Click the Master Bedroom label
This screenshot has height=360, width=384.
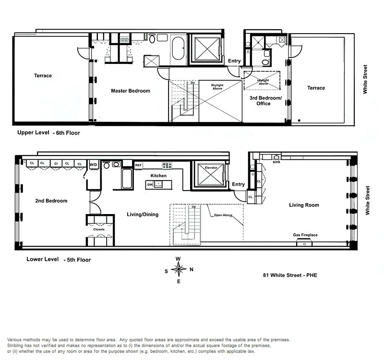pyautogui.click(x=131, y=91)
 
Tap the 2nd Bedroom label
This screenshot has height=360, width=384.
pyautogui.click(x=51, y=201)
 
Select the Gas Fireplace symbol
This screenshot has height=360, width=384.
pyautogui.click(x=304, y=243)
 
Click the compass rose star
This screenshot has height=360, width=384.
pyautogui.click(x=179, y=269)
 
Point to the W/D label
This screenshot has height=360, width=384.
pyautogui.click(x=93, y=165)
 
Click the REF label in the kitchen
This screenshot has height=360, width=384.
pyautogui.click(x=138, y=165)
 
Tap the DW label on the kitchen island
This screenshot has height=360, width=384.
pyautogui.click(x=150, y=185)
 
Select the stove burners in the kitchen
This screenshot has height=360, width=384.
pyautogui.click(x=167, y=165)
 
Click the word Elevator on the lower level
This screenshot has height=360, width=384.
pyautogui.click(x=211, y=168)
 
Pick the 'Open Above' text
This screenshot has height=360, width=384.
pyautogui.click(x=223, y=215)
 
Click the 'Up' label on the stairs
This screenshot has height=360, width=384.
pyautogui.click(x=194, y=207)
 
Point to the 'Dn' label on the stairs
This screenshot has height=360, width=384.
pyautogui.click(x=193, y=83)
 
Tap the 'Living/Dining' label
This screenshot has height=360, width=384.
pyautogui.click(x=143, y=215)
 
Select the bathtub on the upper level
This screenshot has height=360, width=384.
pyautogui.click(x=178, y=48)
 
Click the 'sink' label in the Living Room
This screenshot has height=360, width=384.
pyautogui.click(x=276, y=162)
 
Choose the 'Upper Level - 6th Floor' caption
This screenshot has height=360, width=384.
pyautogui.click(x=48, y=133)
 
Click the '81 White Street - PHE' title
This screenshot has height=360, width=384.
pyautogui.click(x=290, y=275)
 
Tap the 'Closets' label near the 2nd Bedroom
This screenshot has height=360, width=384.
pyautogui.click(x=99, y=229)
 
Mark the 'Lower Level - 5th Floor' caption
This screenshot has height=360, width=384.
pyautogui.click(x=59, y=259)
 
